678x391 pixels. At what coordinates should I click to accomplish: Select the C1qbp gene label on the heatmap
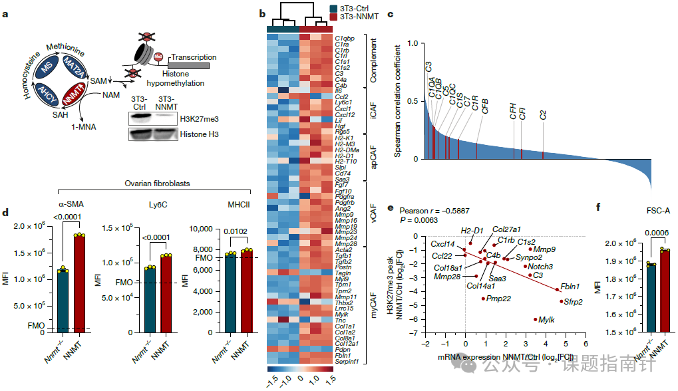pyautogui.click(x=345, y=39)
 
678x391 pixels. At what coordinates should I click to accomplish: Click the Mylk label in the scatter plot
pyautogui.click(x=546, y=321)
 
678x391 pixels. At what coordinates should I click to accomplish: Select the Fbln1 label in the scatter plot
pyautogui.click(x=570, y=287)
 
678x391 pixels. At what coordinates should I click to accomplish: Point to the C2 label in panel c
pyautogui.click(x=543, y=114)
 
